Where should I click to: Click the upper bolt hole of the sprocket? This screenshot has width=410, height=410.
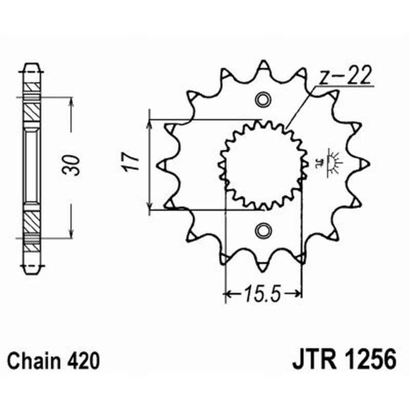click(x=263, y=99)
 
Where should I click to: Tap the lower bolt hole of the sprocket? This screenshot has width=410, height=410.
click(x=263, y=231)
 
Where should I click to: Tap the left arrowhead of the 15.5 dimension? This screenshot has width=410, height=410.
click(x=227, y=294)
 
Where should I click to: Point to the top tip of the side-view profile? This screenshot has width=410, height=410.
click(x=32, y=65)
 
